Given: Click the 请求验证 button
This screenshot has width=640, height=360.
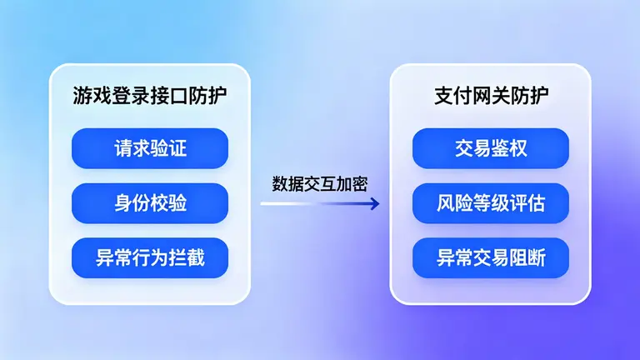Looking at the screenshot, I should (150, 148).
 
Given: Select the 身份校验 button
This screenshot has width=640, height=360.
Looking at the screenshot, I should (150, 203).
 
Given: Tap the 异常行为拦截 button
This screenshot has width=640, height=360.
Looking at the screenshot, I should (150, 258).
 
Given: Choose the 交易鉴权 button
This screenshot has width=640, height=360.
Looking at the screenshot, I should (491, 148).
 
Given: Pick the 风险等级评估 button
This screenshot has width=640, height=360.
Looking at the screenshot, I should (491, 203).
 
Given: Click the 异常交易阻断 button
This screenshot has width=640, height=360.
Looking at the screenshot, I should (491, 258).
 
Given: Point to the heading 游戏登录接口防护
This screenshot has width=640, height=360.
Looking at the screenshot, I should (150, 95).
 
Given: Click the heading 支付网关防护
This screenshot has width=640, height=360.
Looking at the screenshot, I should (491, 95).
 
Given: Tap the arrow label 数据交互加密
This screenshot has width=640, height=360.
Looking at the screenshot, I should (320, 184).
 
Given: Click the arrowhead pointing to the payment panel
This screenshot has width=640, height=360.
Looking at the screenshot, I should (375, 202).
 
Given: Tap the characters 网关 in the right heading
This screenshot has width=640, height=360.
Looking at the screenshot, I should (491, 95).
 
